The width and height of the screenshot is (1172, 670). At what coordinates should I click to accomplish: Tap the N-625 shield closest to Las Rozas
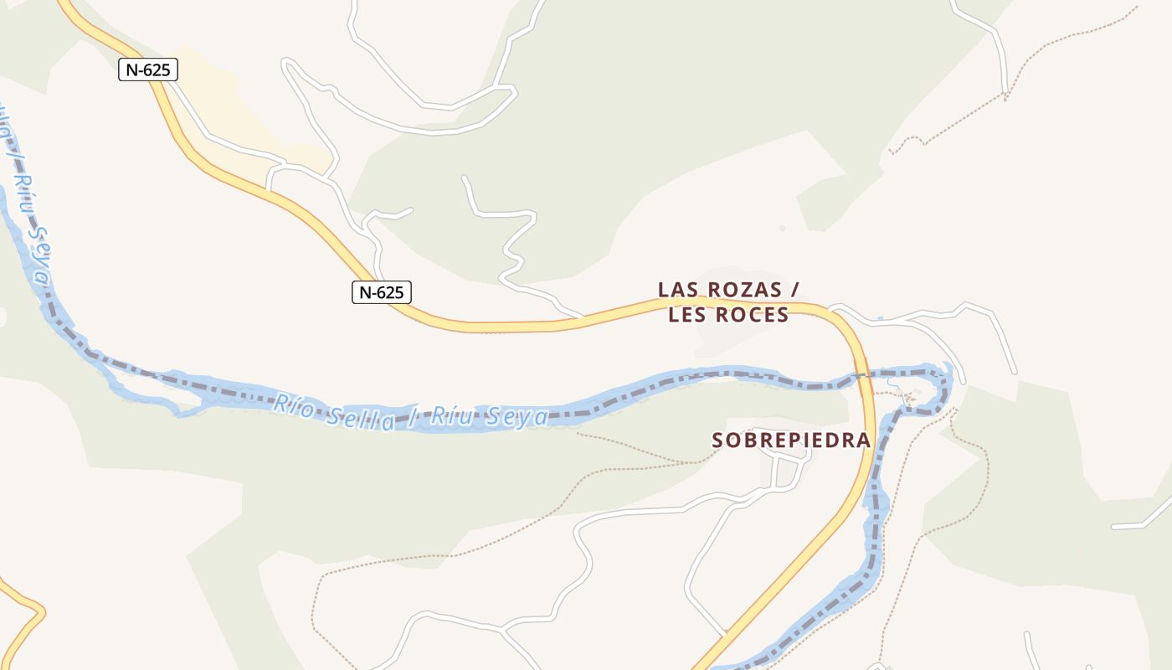click(x=381, y=292)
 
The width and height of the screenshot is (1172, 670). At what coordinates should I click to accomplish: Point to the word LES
click(x=687, y=315)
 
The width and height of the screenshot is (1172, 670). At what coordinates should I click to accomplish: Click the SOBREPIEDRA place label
click(x=791, y=440)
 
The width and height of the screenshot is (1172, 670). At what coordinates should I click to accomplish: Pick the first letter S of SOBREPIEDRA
click(x=717, y=440)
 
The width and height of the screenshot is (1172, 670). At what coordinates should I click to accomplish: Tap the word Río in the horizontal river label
click(x=291, y=404)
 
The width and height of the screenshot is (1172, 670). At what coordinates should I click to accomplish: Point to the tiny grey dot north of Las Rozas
click(x=782, y=228)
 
